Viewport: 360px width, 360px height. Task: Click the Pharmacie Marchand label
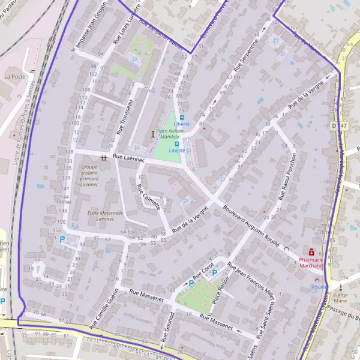tap(311, 262)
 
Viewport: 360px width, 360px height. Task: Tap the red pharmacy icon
tap(311, 253)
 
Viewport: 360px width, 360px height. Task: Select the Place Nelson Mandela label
tap(170, 133)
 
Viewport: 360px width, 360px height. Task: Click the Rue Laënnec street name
tap(129, 157)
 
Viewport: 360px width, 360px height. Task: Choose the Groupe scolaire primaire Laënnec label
tap(89, 174)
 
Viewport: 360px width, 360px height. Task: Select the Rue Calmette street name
tap(148, 196)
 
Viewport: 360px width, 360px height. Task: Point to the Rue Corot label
tap(204, 273)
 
